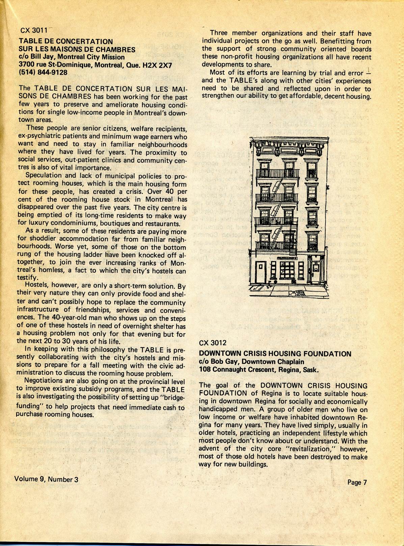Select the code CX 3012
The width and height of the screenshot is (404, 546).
point(213,343)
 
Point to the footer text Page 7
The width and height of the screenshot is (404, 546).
point(357,483)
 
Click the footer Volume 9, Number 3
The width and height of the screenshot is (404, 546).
point(46,479)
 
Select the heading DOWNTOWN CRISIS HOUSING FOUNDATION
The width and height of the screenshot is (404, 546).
point(275,354)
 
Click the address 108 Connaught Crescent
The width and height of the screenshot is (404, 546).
point(244,370)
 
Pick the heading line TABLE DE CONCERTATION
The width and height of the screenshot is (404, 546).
point(66,42)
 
